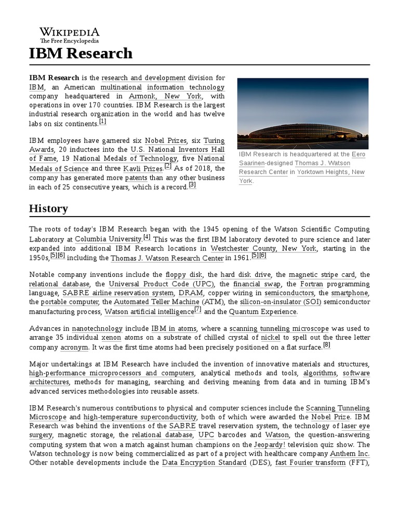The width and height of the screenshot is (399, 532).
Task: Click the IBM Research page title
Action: click(x=81, y=53)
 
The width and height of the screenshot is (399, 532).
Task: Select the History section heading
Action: click(x=48, y=208)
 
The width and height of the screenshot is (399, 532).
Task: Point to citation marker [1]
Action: click(x=102, y=122)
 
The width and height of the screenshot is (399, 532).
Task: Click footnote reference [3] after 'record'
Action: click(x=192, y=184)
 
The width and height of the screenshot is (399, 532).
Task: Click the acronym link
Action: click(x=74, y=347)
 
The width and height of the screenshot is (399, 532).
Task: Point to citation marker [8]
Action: click(x=326, y=344)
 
